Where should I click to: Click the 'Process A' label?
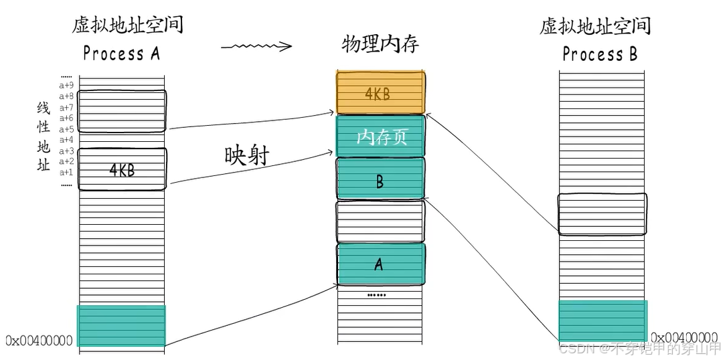pos(122,54)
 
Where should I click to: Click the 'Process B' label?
pos(600,54)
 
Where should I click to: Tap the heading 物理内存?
pos(380,44)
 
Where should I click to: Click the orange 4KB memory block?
pos(380,93)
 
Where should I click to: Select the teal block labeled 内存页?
pos(380,137)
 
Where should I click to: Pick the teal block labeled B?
pos(380,179)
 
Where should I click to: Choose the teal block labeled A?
pos(380,264)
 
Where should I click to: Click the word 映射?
pos(246,155)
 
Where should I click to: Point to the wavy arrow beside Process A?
pos(256,47)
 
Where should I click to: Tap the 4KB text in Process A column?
pos(122,170)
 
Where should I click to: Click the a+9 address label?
pos(66,86)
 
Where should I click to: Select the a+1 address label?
pos(66,172)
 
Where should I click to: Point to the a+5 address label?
pos(66,129)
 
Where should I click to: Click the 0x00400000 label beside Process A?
pos(39,341)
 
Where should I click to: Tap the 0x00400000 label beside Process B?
pos(684,337)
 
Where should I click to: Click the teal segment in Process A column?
pos(121,325)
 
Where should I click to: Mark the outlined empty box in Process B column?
pos(602,214)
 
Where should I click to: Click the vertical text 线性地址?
pos(44,137)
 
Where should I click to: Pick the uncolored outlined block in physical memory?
pos(380,221)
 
